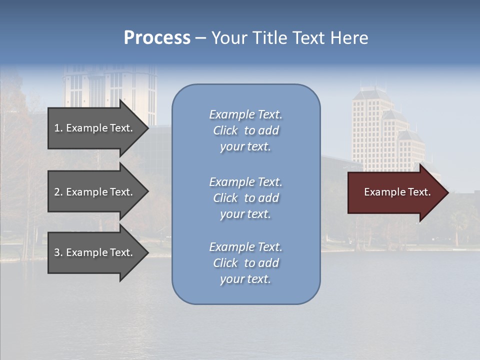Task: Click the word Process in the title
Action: coord(157,38)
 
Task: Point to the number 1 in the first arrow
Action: coord(57,128)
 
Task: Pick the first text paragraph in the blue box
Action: coord(245,130)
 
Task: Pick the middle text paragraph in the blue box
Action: coord(245,198)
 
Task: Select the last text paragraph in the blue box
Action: coord(245,263)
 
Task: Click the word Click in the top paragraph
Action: coord(225,130)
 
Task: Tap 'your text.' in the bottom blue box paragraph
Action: coord(245,279)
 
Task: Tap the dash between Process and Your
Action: coord(200,38)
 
